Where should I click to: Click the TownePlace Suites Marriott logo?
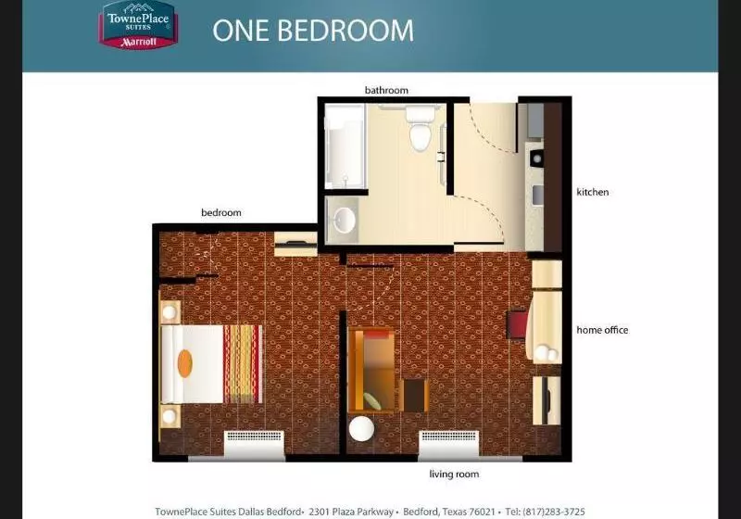138,25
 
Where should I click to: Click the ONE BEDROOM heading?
313,30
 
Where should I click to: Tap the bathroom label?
386,90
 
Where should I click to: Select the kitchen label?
593,192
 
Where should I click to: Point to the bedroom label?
220,212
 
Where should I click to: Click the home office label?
602,330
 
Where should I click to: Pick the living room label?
453,475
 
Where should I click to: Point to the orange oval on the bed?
184,362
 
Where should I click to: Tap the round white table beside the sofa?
361,431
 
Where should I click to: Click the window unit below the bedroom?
254,443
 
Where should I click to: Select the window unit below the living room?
448,443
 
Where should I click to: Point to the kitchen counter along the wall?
534,176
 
